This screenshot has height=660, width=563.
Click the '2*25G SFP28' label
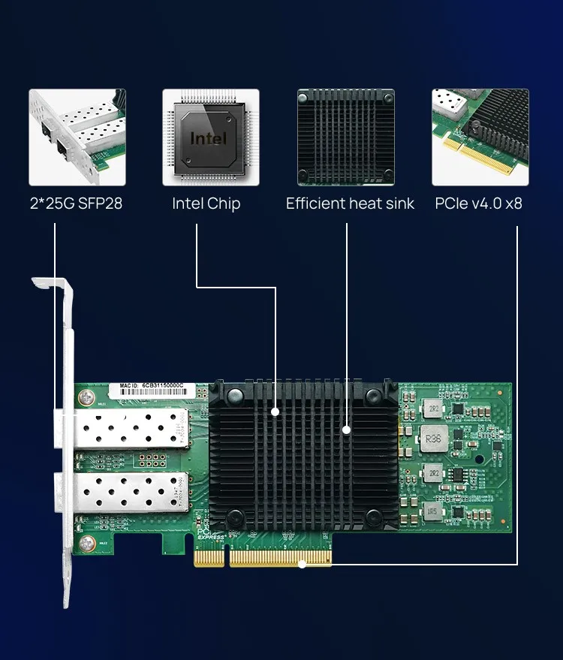tap(76, 203)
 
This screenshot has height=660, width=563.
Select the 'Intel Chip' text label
tap(206, 203)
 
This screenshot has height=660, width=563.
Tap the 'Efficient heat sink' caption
tap(350, 203)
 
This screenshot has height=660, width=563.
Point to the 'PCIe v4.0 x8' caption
tap(478, 203)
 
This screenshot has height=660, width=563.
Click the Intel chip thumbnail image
tap(211, 137)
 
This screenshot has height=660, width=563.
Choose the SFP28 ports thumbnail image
tap(77, 137)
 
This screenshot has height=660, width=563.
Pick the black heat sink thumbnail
tap(345, 137)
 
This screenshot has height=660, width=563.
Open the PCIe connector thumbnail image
tap(480, 137)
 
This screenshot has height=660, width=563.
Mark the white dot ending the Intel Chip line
tap(276, 411)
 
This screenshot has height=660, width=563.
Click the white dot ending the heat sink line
tap(347, 429)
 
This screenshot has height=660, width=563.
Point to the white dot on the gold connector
tap(302, 564)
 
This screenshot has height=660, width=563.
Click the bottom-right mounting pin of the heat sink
tap(374, 517)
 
